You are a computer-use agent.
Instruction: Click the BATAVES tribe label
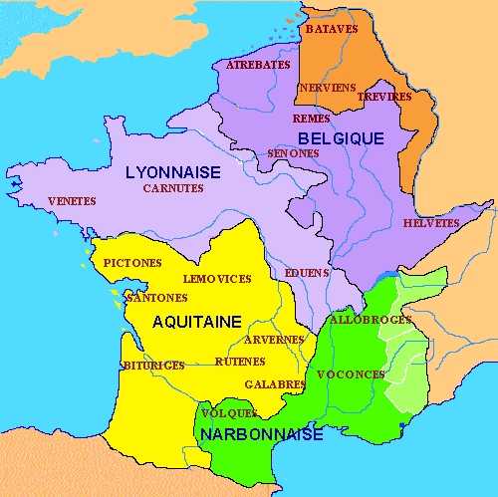click(x=331, y=29)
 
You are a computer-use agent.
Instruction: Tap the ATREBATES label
click(x=258, y=65)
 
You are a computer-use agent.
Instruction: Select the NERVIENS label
click(x=327, y=88)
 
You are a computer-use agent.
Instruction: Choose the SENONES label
click(x=293, y=153)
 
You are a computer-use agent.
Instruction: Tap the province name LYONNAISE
click(x=172, y=171)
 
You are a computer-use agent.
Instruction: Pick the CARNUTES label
click(x=172, y=187)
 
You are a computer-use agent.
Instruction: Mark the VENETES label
click(x=72, y=201)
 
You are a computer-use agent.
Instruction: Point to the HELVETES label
click(x=431, y=223)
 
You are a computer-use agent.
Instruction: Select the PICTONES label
click(x=131, y=262)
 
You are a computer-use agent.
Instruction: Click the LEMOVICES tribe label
click(x=217, y=279)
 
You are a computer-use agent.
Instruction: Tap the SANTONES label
click(x=157, y=297)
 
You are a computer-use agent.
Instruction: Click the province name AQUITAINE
click(x=197, y=321)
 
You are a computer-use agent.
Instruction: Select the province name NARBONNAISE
click(x=260, y=435)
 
